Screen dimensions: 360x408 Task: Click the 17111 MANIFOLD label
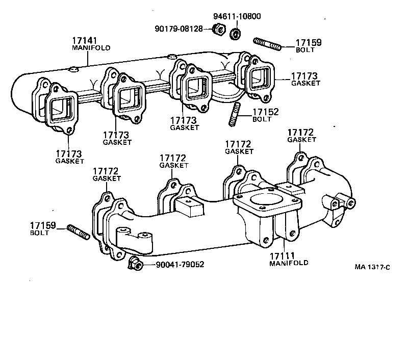tap(289, 259)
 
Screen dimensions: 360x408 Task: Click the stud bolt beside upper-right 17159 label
tap(266, 43)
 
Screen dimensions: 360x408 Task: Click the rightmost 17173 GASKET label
tap(305, 79)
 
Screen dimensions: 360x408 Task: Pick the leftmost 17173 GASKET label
tap(69, 157)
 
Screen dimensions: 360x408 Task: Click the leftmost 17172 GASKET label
tap(107, 174)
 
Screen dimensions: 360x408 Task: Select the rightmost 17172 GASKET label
tap(301, 136)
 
